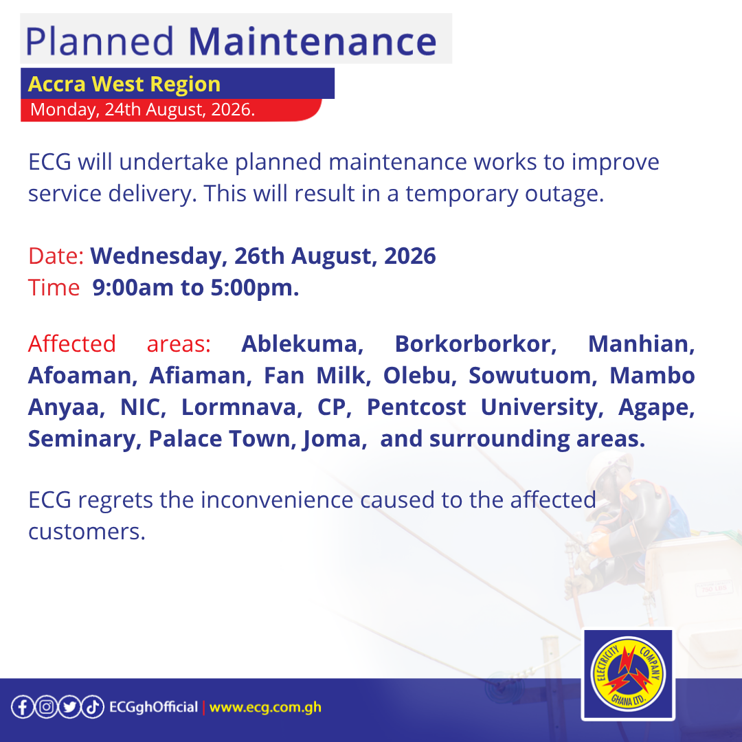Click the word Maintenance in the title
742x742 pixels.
pos(313,41)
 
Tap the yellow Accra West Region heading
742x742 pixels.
pos(124,85)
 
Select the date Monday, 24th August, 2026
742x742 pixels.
pos(142,109)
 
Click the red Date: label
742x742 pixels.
pos(56,256)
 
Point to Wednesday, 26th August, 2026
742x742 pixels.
pos(263,256)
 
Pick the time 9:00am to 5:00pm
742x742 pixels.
pos(195,288)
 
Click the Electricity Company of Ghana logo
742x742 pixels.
pos(629,675)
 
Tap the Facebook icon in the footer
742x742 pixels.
pos(23,707)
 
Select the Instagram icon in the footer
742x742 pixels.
pos(46,707)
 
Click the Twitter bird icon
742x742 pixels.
pos(69,707)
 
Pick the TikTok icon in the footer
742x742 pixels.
pos(92,707)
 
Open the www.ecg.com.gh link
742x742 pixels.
pos(265,708)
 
